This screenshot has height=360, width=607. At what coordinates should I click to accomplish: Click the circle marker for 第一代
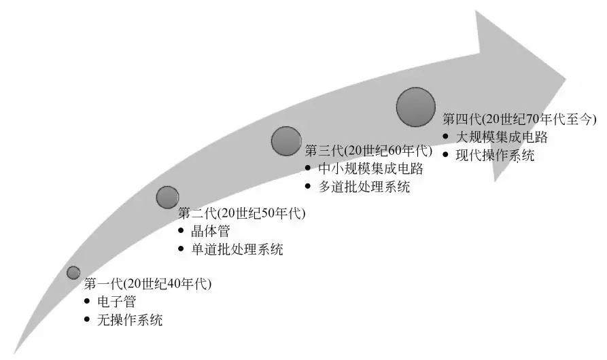pyautogui.click(x=73, y=272)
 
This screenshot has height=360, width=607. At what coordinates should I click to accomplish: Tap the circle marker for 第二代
pyautogui.click(x=167, y=197)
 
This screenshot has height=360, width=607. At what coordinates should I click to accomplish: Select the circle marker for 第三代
pyautogui.click(x=285, y=141)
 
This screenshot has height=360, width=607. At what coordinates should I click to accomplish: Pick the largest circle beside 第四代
pyautogui.click(x=415, y=107)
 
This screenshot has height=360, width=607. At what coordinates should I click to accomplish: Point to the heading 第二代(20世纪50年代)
pyautogui.click(x=242, y=213)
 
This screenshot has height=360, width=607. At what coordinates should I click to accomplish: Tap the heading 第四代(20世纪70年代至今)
pyautogui.click(x=519, y=119)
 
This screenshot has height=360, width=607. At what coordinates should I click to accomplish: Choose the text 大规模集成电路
pyautogui.click(x=502, y=137)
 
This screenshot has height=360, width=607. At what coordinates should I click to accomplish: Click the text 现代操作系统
pyautogui.click(x=496, y=156)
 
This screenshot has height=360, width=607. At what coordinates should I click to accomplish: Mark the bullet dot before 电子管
pyautogui.click(x=88, y=302)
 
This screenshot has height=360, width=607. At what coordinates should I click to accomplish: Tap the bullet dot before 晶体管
pyautogui.click(x=181, y=231)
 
